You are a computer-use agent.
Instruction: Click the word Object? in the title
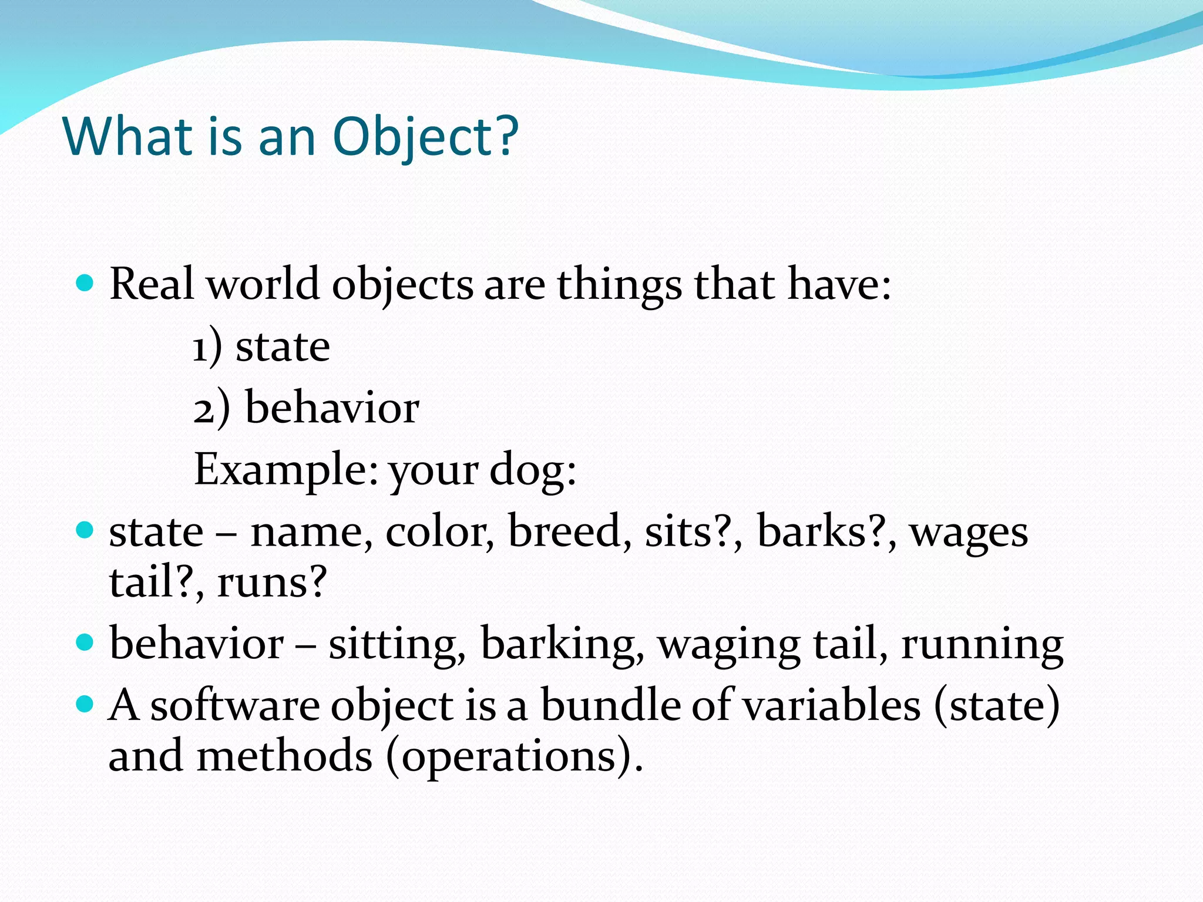[425, 137]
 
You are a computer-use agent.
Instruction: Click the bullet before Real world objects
[85, 284]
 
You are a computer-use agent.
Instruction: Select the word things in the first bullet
[620, 285]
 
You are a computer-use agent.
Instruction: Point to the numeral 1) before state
[207, 348]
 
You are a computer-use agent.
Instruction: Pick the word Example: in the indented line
[286, 470]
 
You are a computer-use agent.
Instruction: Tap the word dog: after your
[533, 470]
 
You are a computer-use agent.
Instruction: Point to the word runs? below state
[272, 582]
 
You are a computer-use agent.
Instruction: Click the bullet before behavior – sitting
[85, 642]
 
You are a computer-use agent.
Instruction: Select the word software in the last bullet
[235, 705]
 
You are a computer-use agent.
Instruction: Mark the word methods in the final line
[284, 756]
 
